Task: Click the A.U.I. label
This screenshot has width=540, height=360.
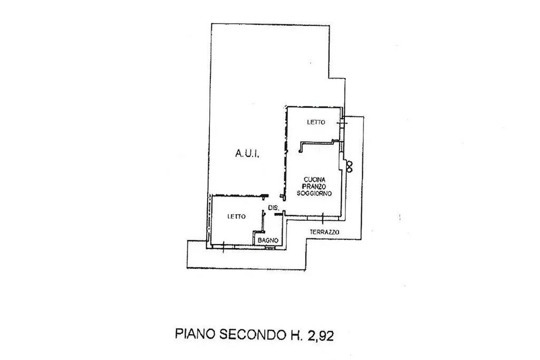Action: [247, 153]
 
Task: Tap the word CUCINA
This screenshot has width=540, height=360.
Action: [314, 180]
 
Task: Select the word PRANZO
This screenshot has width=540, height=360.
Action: [314, 187]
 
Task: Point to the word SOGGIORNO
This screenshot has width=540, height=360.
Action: [314, 193]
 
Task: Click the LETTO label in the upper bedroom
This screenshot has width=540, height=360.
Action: [316, 122]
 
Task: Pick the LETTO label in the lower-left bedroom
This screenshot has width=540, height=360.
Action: [237, 217]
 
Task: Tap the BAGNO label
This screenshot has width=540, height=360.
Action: [268, 240]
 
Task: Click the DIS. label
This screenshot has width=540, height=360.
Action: [273, 208]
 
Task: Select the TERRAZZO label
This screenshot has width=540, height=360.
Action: [324, 232]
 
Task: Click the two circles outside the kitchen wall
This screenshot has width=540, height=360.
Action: [350, 166]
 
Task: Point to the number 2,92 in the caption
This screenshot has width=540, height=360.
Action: [321, 335]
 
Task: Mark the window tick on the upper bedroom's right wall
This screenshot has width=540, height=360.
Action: [341, 122]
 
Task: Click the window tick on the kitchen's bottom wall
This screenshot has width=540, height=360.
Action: [323, 218]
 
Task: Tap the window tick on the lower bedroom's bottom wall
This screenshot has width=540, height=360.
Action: [223, 247]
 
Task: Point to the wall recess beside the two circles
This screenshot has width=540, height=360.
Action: [342, 162]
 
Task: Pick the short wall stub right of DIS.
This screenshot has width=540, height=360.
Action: [278, 214]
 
